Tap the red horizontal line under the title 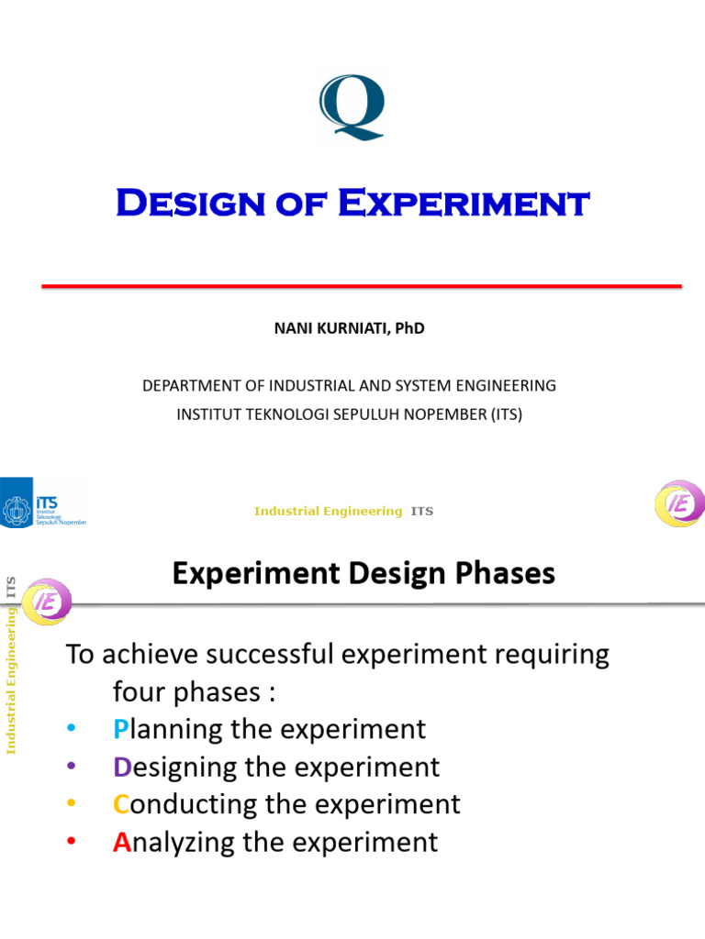coord(362,287)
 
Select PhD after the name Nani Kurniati coord(409,328)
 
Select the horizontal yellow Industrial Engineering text coord(328,511)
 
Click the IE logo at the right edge coord(679,504)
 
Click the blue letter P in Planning coord(121,729)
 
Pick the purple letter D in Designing coord(123,767)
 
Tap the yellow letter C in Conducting coord(122,804)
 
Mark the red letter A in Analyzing coord(122,842)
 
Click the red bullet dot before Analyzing coord(73,843)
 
